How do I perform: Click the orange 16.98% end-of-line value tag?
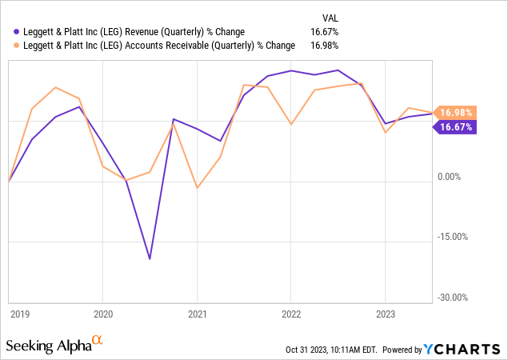456,113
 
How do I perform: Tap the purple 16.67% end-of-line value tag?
456,126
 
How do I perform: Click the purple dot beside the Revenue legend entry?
18,32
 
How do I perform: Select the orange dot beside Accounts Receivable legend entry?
18,46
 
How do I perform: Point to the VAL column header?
329,17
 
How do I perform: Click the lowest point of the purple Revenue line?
150,259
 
